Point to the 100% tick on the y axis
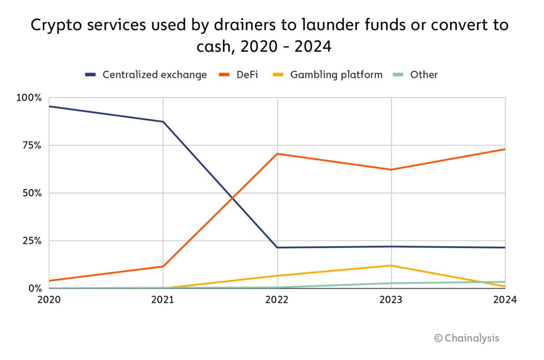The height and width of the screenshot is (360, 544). (29, 98)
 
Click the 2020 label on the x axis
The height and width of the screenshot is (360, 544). (49, 300)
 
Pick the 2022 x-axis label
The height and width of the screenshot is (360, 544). (277, 300)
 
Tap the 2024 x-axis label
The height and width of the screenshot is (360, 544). (505, 300)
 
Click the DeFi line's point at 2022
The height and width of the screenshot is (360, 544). (277, 154)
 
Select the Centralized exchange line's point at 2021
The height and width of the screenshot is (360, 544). (163, 122)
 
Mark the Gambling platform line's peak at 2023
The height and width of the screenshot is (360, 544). (391, 266)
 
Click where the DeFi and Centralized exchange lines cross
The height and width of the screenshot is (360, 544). (232, 198)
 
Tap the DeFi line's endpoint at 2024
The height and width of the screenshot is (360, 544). (505, 149)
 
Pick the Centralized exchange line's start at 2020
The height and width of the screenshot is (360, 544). (49, 106)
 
